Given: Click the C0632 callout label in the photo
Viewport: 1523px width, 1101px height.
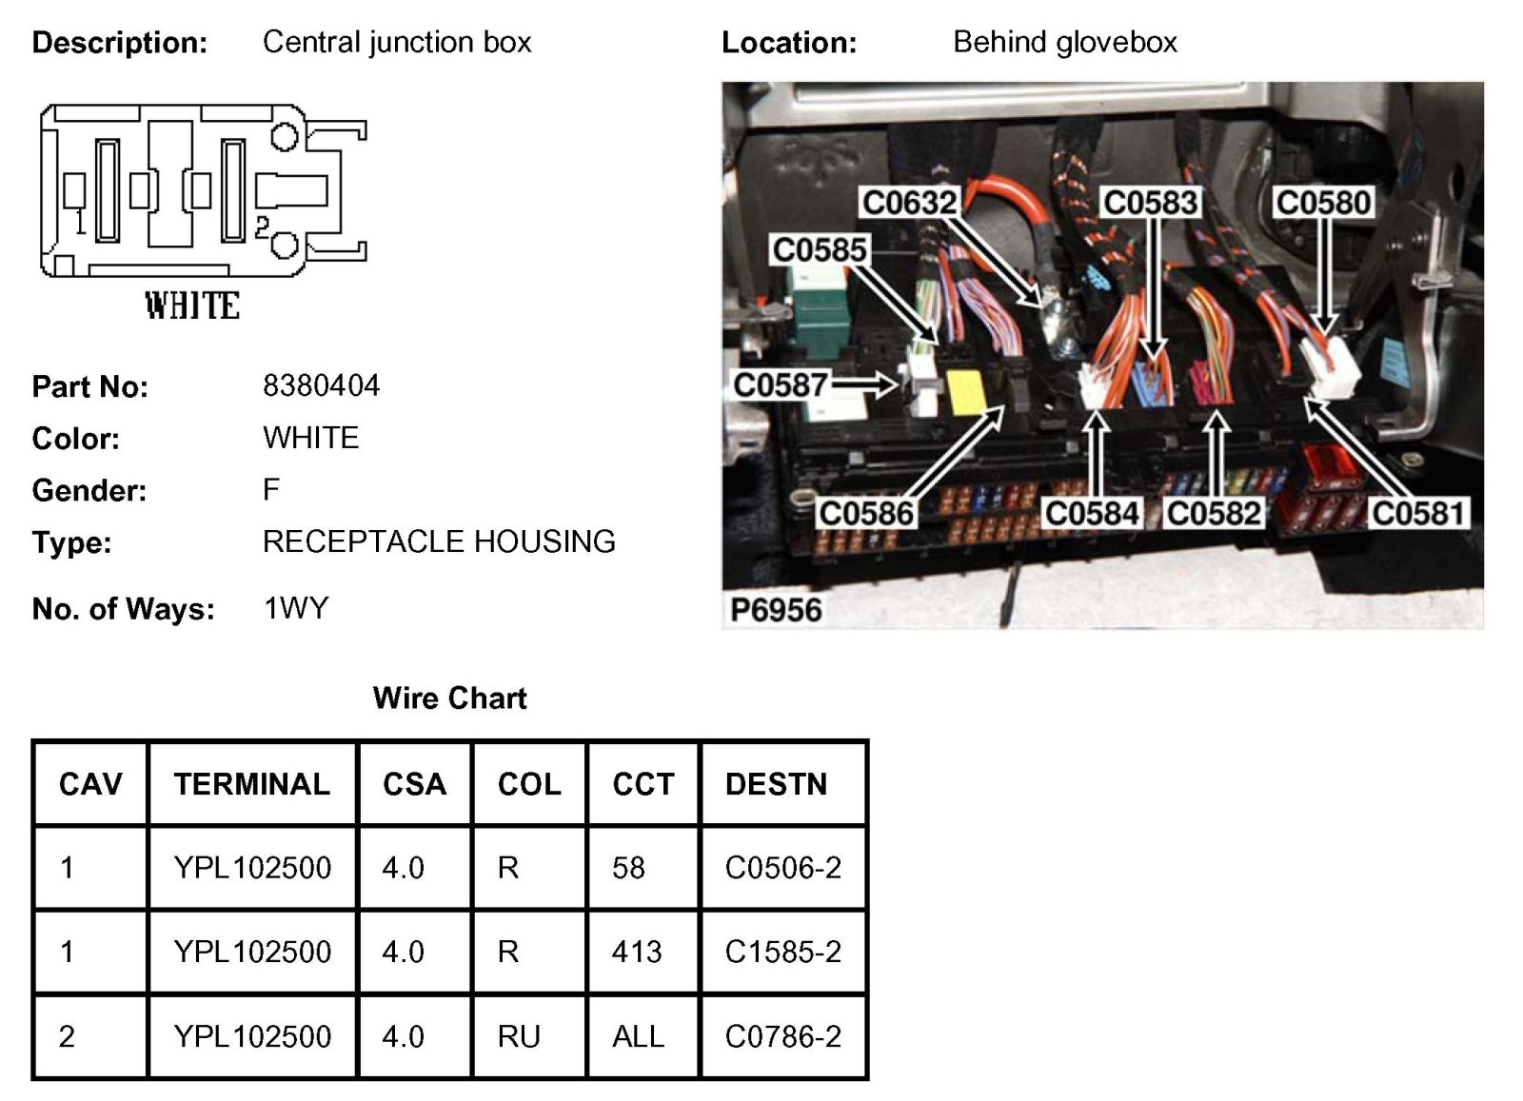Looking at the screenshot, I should pos(908,202).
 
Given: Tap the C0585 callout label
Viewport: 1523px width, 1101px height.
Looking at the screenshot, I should pos(819,249).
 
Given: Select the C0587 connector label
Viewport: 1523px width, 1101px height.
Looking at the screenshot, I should pos(780,384).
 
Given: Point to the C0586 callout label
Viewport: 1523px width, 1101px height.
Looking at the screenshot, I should pos(865,513).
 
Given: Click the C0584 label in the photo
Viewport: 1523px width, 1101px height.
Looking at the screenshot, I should pos(1092,513).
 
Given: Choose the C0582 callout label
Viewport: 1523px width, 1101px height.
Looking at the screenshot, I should pos(1214,513).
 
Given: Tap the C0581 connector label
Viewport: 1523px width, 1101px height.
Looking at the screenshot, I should pos(1417,513).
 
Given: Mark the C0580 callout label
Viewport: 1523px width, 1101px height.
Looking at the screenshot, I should pos(1323,202).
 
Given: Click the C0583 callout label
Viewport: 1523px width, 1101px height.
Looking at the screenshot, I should pos(1151,202).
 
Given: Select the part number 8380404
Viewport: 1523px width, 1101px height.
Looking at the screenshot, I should pos(321,385).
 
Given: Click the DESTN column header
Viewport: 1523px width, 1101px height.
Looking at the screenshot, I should pos(776,784).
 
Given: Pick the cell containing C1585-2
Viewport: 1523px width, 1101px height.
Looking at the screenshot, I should pos(782,952).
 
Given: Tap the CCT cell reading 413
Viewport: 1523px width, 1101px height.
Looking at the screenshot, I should pos(636,952).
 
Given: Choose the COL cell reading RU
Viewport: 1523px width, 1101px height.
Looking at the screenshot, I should pos(519,1036).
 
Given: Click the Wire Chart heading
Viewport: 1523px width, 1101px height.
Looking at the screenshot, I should pos(449,698).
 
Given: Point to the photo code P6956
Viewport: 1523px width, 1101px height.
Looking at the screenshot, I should pos(776,609).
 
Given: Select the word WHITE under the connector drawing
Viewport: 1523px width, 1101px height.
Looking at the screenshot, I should pos(192,305).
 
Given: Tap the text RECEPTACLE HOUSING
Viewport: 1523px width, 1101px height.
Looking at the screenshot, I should pos(439,541).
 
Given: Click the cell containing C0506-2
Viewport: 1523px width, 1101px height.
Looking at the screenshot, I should pos(782,868).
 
